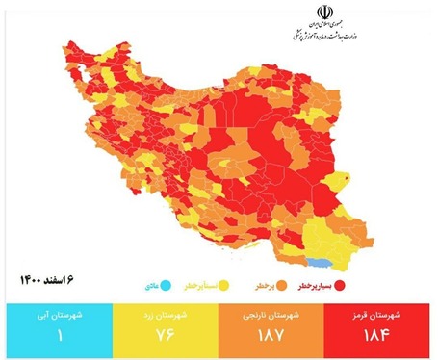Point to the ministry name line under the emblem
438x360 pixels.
click(321, 36)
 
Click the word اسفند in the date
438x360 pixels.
click(61, 279)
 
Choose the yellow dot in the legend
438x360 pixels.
click(222, 286)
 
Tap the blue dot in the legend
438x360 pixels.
click(167, 286)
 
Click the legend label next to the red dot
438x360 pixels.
click(315, 286)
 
